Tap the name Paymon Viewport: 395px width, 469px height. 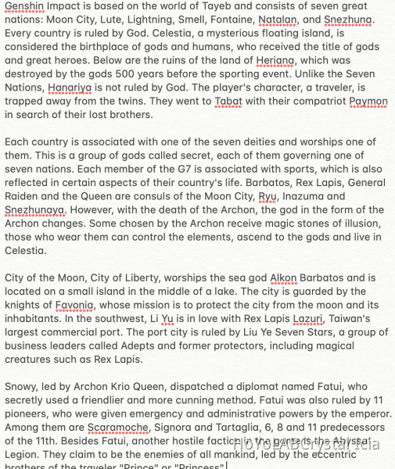[368, 101]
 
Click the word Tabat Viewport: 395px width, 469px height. [228, 101]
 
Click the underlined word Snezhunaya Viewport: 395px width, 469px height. [35, 209]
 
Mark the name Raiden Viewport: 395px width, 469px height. [22, 196]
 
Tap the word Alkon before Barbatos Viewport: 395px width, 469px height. [283, 277]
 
